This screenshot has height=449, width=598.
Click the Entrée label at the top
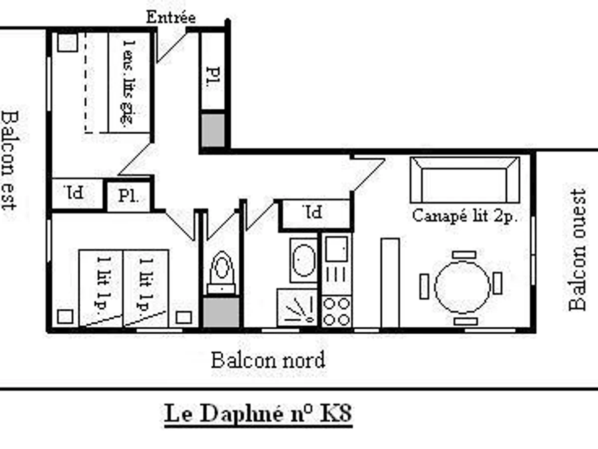pos(170,17)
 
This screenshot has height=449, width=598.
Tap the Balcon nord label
pos(268,360)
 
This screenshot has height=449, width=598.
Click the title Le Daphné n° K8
pos(258,415)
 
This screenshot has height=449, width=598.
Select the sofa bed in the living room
pos(464,180)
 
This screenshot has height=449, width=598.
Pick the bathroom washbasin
pos(303,259)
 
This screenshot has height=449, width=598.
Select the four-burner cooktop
pos(336,312)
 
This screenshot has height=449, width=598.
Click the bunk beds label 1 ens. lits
pos(129,82)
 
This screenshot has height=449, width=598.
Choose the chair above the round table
pos(464,255)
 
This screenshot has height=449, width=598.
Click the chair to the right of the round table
pos(497,283)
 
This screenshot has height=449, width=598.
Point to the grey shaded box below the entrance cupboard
pos(213,130)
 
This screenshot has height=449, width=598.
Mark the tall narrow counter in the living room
pos(390,283)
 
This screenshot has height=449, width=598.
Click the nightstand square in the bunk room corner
pos(67,43)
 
